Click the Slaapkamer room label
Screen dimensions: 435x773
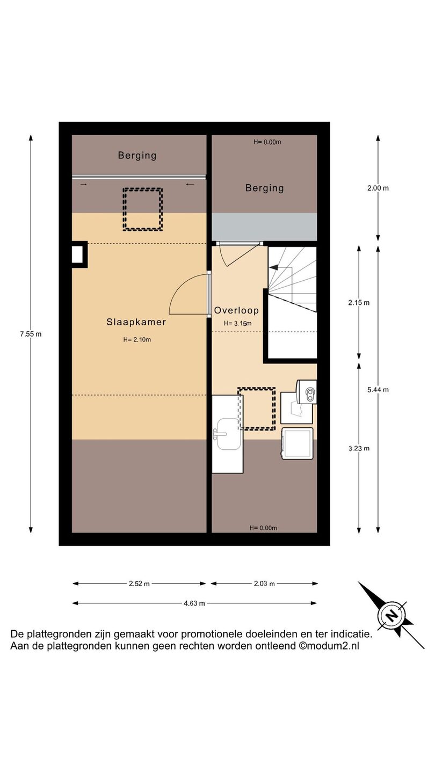point(136,322)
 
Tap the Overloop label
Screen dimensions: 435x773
point(236,311)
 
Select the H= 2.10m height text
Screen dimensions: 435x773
point(137,340)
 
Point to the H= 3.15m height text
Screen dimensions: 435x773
point(237,323)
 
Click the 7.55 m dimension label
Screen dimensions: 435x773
point(31,334)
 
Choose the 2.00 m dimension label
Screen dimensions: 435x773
point(378,188)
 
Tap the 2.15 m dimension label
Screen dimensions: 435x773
point(359,303)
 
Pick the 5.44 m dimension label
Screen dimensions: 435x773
point(378,390)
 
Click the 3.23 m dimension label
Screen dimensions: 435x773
point(359,449)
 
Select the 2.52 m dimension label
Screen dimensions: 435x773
point(140,584)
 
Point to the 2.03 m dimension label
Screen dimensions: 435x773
point(264,584)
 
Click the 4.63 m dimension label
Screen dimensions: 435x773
point(194,603)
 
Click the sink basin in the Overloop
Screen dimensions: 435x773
point(228,434)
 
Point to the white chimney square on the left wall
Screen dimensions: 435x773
point(79,254)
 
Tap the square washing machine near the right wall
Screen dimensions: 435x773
point(298,443)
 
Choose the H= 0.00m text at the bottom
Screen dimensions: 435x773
point(263,528)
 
